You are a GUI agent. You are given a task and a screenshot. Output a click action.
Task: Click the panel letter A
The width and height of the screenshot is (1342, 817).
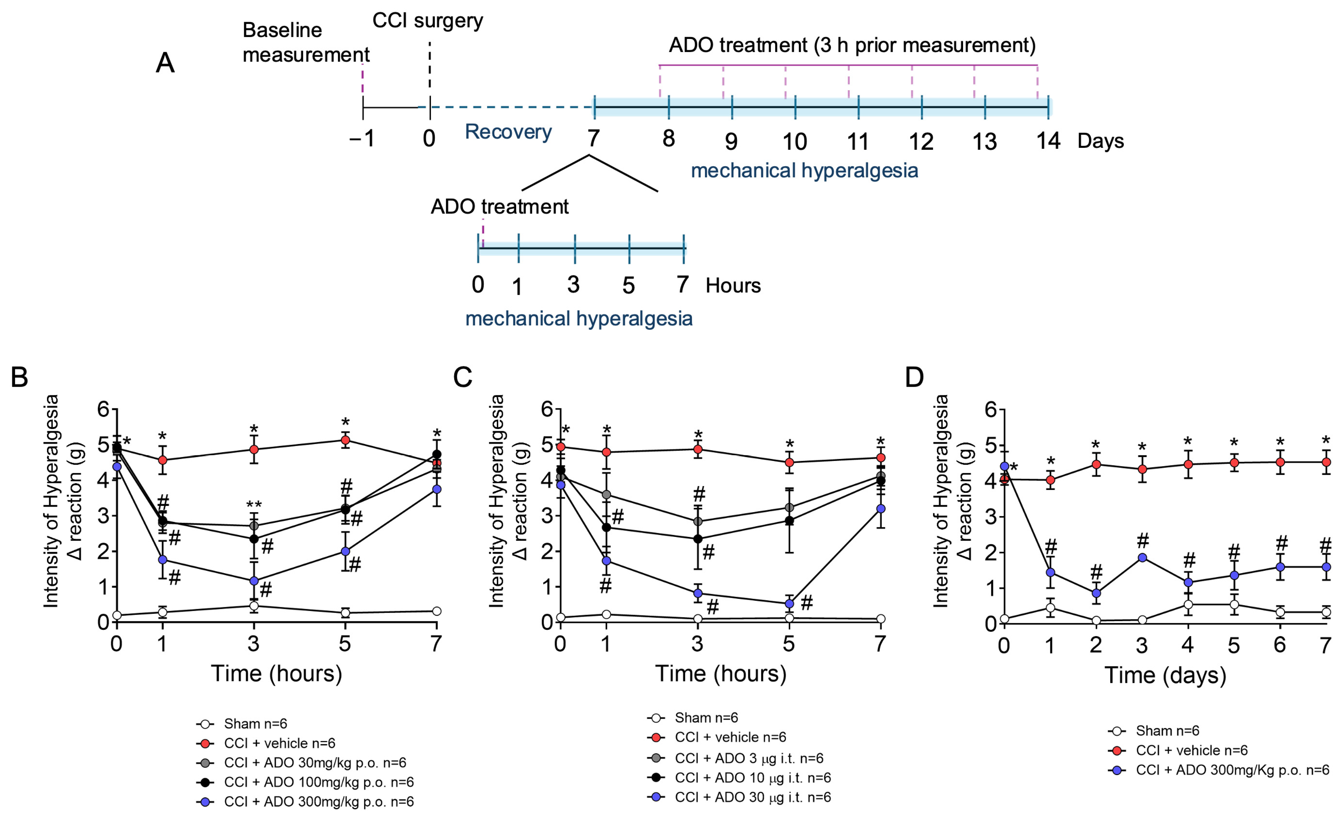click(165, 63)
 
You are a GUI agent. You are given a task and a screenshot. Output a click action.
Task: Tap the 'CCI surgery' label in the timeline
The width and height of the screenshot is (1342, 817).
click(428, 21)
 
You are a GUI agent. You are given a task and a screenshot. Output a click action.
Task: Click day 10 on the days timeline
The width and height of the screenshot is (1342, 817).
click(795, 142)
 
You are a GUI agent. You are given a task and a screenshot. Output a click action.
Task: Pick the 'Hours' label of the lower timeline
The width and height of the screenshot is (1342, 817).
click(733, 285)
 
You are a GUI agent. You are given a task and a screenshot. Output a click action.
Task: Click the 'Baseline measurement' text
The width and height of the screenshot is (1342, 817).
click(306, 43)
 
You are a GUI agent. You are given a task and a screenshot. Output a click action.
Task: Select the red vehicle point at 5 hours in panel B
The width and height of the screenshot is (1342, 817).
click(345, 440)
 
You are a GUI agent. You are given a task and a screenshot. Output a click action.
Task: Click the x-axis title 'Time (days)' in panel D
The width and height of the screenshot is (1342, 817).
click(1165, 675)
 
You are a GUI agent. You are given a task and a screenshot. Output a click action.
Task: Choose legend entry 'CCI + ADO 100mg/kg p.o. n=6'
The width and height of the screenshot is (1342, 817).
click(319, 782)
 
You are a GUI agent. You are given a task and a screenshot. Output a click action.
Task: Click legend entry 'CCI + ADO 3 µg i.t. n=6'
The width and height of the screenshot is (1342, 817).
click(749, 758)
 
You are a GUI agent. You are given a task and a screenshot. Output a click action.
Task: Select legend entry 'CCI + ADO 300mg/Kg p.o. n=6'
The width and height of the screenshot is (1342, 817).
click(1232, 770)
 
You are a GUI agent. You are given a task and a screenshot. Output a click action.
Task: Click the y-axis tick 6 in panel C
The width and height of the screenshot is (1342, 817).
click(547, 409)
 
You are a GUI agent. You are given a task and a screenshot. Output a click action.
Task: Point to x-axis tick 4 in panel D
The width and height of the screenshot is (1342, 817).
click(1188, 645)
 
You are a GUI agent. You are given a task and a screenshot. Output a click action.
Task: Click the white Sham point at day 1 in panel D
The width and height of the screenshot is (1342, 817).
click(1051, 608)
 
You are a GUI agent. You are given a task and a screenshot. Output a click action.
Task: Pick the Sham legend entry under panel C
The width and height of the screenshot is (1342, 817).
click(706, 718)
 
